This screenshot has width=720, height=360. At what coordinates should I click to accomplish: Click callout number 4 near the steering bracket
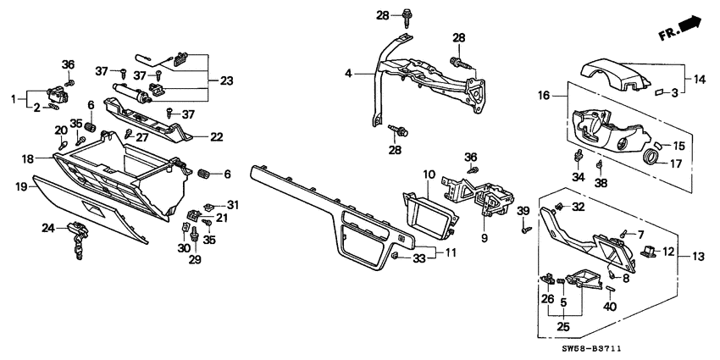pyautogui.click(x=347, y=75)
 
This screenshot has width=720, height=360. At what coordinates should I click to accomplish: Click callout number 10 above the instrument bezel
pyautogui.click(x=430, y=174)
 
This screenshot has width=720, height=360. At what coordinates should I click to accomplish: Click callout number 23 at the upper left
pyautogui.click(x=226, y=80)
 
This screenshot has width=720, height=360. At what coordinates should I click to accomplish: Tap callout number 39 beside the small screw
pyautogui.click(x=523, y=210)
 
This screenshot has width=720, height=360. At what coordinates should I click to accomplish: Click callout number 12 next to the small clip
pyautogui.click(x=667, y=251)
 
